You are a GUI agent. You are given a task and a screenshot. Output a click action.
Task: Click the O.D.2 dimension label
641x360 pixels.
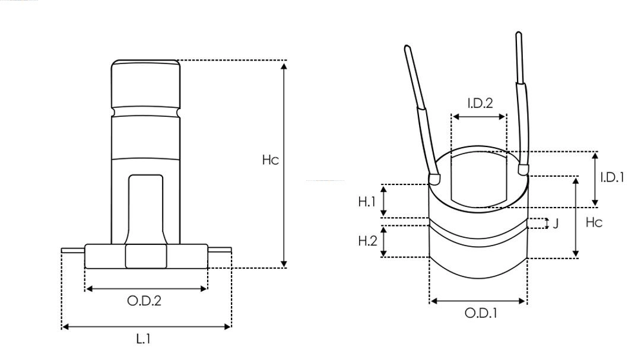(x=144, y=301)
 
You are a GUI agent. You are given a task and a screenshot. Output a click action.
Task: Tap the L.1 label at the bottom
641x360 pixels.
(x=144, y=340)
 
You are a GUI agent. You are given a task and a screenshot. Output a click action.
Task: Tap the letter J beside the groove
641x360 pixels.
(x=556, y=224)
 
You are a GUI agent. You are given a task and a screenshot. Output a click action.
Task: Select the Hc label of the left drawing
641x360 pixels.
(x=271, y=160)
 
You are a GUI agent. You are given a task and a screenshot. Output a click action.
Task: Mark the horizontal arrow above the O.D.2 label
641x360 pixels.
(x=147, y=289)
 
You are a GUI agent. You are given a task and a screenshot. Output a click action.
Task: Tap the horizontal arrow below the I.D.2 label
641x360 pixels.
(x=479, y=117)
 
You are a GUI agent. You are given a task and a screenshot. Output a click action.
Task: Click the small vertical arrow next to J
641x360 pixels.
(x=546, y=224)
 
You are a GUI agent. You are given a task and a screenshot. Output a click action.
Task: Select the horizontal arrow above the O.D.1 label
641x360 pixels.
(x=478, y=301)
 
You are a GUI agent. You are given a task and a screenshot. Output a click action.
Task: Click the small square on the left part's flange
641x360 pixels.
(x=146, y=257)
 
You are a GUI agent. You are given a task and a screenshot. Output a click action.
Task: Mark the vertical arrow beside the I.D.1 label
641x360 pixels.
(x=595, y=179)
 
